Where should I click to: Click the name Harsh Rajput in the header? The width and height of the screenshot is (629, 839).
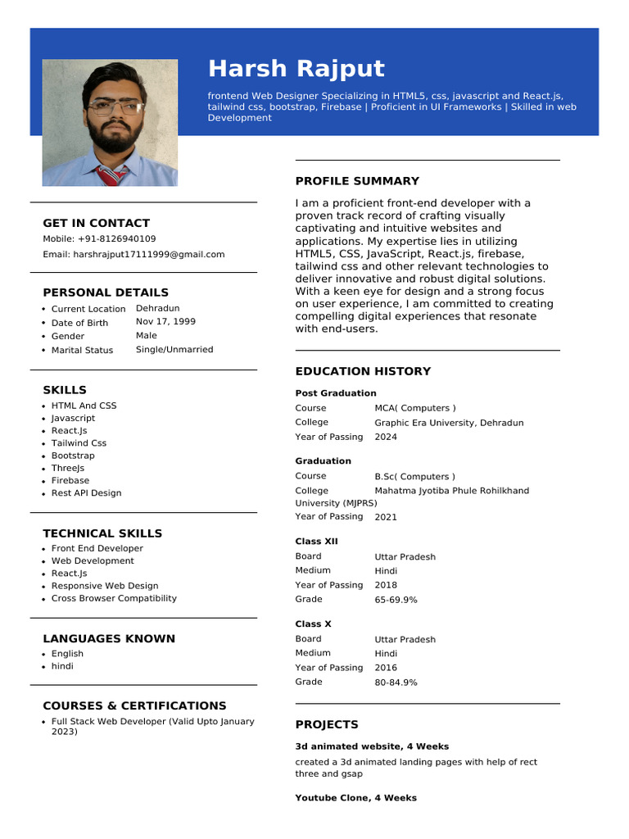click(296, 69)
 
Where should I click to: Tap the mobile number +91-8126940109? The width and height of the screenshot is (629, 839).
click(117, 239)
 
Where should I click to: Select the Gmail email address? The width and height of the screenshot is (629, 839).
click(149, 255)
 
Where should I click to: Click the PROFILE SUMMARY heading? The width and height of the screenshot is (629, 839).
click(357, 181)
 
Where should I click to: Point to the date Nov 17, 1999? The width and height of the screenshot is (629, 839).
click(165, 322)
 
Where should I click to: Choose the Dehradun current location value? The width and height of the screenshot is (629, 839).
click(157, 308)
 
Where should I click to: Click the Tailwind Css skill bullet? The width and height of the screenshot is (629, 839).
click(79, 443)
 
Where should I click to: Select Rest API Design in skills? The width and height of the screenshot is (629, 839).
click(86, 493)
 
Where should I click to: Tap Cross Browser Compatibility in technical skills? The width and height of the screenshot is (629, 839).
click(114, 598)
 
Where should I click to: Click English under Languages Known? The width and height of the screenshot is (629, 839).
click(67, 654)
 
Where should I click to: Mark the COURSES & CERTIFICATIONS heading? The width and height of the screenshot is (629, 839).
click(134, 705)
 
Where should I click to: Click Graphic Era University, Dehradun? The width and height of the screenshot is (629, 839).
click(449, 423)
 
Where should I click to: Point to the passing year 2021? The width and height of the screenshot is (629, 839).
click(386, 517)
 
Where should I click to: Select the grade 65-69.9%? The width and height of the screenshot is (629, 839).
click(396, 600)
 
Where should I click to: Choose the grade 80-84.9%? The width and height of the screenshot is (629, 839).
click(396, 683)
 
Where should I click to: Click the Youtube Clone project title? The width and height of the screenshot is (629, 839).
click(355, 798)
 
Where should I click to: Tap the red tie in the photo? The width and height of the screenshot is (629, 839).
click(111, 175)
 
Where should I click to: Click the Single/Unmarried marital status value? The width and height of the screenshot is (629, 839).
click(174, 350)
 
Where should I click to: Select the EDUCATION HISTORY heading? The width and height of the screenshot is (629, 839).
click(363, 371)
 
